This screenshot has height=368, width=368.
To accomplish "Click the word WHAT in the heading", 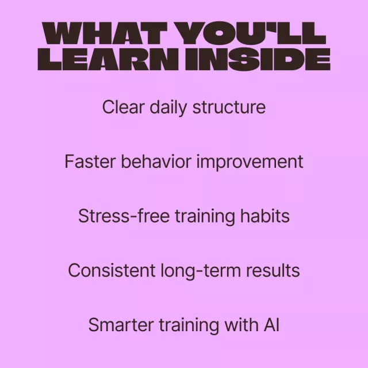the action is pyautogui.click(x=105, y=33).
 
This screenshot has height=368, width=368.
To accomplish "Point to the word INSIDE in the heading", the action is pyautogui.click(x=258, y=59).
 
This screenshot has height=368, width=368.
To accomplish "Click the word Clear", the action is pyautogui.click(x=123, y=107).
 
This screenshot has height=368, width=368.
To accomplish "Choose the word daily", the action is pyautogui.click(x=168, y=108).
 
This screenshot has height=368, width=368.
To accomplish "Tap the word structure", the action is pyautogui.click(x=229, y=108).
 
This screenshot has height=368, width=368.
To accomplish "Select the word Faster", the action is pyautogui.click(x=90, y=162).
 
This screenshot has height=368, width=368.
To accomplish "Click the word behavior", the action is pyautogui.click(x=156, y=162).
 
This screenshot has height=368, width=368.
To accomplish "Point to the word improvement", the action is pyautogui.click(x=250, y=162).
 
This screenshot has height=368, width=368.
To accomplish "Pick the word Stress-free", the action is pyautogui.click(x=124, y=216).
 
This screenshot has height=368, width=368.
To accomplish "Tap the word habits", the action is pyautogui.click(x=264, y=216).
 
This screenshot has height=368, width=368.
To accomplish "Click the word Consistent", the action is pyautogui.click(x=112, y=270).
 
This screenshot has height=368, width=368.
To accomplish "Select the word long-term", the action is pyautogui.click(x=201, y=271).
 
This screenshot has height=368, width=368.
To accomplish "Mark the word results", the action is pyautogui.click(x=273, y=270).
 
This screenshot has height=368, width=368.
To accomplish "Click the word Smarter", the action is pyautogui.click(x=121, y=325).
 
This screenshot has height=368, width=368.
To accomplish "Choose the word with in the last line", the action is pyautogui.click(x=241, y=324).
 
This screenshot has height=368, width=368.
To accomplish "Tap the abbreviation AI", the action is pyautogui.click(x=271, y=325).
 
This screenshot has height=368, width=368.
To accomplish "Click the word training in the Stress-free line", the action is pyautogui.click(x=205, y=217).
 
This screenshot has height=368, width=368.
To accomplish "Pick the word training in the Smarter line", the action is pyautogui.click(x=189, y=326).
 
